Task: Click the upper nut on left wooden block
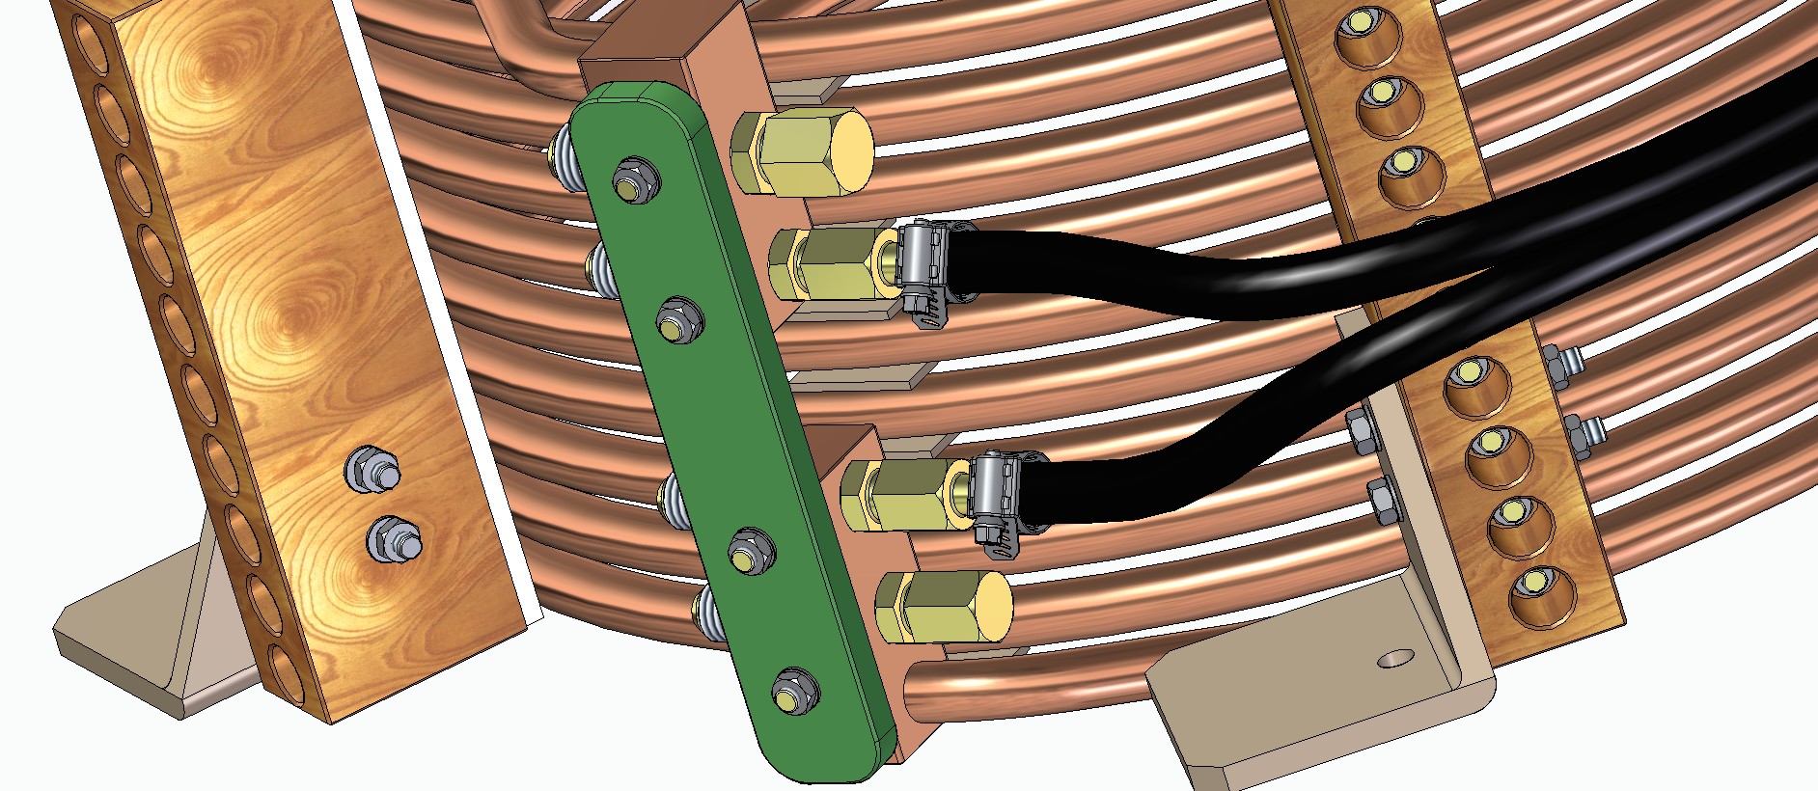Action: click(371, 470)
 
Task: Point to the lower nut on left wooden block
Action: click(393, 540)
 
